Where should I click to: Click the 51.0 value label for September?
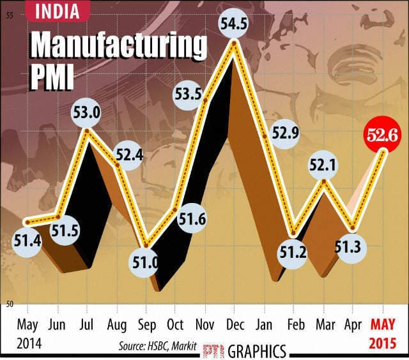[148, 263]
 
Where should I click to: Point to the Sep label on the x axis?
[146, 324]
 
